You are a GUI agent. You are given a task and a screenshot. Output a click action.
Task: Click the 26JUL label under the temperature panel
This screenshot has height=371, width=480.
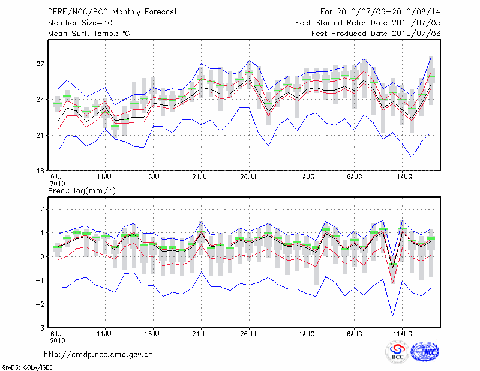click(x=249, y=177)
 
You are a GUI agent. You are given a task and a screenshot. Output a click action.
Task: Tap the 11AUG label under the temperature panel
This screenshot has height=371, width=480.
click(x=402, y=177)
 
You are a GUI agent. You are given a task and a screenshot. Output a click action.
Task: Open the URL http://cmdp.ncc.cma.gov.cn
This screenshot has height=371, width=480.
click(x=98, y=354)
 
